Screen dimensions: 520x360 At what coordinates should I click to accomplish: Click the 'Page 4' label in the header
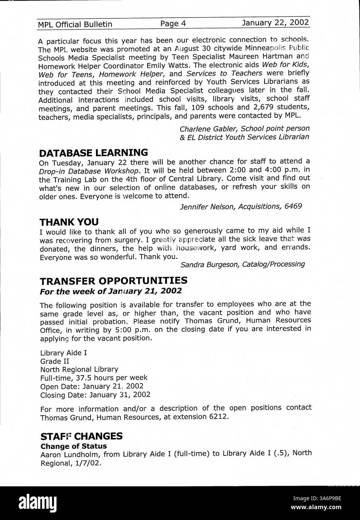pos(173,24)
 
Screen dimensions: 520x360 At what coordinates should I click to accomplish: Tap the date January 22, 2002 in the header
pos(275,23)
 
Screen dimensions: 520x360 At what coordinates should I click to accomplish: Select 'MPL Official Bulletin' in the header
pos(75,24)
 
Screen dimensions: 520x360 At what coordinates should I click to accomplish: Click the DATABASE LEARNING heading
pos(94,153)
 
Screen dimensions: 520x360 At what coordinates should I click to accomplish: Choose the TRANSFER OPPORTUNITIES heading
pos(114,281)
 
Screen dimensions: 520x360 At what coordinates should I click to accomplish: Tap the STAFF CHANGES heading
pos(81,436)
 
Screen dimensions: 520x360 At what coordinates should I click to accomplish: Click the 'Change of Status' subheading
pos(73,446)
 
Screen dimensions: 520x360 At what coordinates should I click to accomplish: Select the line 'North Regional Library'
pos(79,369)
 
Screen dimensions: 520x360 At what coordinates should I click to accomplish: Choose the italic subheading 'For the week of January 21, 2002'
pos(111,291)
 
